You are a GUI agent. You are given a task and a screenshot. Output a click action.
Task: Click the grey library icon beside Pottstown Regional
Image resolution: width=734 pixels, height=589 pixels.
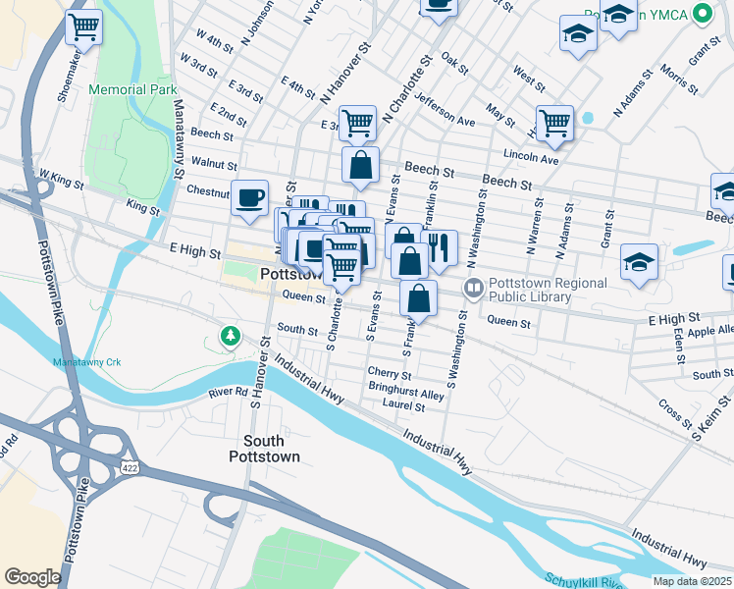(x=474, y=288)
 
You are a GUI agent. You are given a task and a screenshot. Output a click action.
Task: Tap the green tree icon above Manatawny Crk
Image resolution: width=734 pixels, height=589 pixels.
(x=231, y=337)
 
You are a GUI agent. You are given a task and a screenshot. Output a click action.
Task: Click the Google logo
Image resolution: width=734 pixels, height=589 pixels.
(x=32, y=577)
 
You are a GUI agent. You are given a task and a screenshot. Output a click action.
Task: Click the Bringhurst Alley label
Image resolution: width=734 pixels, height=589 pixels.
(x=406, y=393)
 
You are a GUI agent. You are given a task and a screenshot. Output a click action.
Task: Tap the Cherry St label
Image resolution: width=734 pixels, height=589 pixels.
(x=389, y=373)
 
